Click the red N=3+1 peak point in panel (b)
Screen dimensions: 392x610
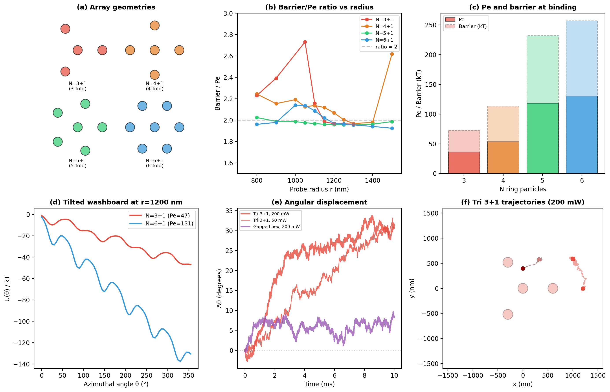tap(305, 42)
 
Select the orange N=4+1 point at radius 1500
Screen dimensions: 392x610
tap(392, 54)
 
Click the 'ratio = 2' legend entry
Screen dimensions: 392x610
tap(386, 47)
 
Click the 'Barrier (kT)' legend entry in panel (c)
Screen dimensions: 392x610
tap(472, 26)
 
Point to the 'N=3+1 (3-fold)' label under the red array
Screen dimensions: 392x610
tap(77, 86)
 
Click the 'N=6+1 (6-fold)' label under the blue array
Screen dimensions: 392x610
tap(154, 163)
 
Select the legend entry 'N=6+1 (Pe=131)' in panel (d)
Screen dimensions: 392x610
tap(169, 223)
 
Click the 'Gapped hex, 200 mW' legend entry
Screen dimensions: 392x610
tap(276, 227)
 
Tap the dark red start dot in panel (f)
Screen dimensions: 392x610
tap(523, 269)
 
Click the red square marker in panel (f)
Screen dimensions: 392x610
tap(573, 259)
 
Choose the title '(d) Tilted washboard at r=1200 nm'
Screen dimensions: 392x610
tap(116, 202)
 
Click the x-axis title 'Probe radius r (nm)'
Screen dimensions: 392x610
tap(319, 189)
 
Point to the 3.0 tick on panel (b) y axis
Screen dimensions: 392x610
tap(228, 13)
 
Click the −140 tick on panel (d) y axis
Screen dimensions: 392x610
tap(22, 364)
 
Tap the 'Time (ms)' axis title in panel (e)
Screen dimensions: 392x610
tap(319, 384)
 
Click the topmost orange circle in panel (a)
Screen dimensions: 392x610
tap(154, 26)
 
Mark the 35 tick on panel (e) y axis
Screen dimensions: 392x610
tap(229, 211)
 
